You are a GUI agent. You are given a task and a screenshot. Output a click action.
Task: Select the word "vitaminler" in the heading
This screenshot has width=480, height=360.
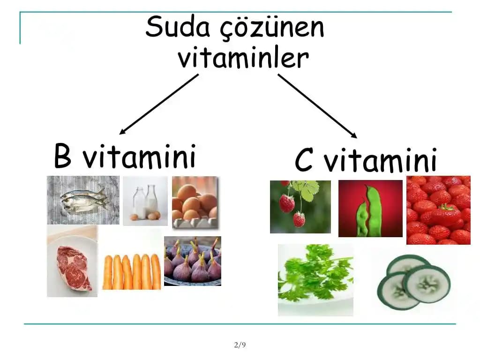[243, 59]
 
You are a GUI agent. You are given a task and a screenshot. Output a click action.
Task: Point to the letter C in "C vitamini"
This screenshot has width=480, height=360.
[304, 161]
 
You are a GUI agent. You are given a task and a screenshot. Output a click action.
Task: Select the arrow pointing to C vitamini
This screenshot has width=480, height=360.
[317, 106]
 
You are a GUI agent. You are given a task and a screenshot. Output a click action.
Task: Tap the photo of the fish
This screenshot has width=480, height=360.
[83, 200]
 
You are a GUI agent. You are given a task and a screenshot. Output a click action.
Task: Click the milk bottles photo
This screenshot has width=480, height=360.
[145, 201]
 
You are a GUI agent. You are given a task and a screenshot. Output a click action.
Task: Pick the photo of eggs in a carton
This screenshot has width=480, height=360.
[195, 202]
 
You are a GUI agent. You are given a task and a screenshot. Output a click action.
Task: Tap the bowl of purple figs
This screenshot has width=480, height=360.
[192, 261]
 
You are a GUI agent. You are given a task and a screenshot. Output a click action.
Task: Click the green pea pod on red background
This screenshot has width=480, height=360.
[370, 208]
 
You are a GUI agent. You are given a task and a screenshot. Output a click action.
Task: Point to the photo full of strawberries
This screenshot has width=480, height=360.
[438, 210]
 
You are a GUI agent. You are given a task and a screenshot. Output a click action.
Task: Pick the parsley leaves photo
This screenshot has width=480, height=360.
[315, 279]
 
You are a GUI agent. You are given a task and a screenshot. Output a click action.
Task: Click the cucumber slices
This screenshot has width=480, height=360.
[412, 282]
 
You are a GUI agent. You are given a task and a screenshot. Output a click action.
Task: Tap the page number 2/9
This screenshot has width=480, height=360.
[240, 345]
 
